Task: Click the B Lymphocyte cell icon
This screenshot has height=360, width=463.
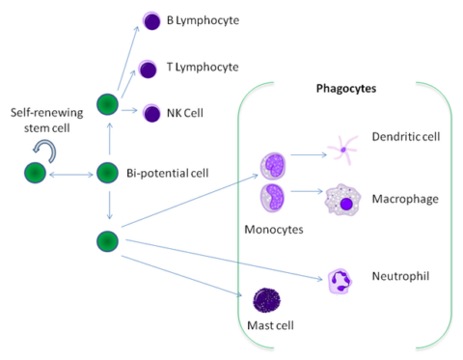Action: click(x=151, y=20)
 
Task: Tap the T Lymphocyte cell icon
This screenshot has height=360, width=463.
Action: click(x=148, y=68)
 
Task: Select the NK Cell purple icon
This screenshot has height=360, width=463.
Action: click(x=151, y=114)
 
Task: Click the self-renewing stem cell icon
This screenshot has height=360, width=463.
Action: click(x=36, y=173)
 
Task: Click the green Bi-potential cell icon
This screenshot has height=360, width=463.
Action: click(x=107, y=173)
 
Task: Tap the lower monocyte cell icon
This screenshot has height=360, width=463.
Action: click(x=272, y=200)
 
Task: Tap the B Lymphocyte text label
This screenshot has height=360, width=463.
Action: click(x=204, y=20)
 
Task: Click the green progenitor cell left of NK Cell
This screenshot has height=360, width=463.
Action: click(x=108, y=103)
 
